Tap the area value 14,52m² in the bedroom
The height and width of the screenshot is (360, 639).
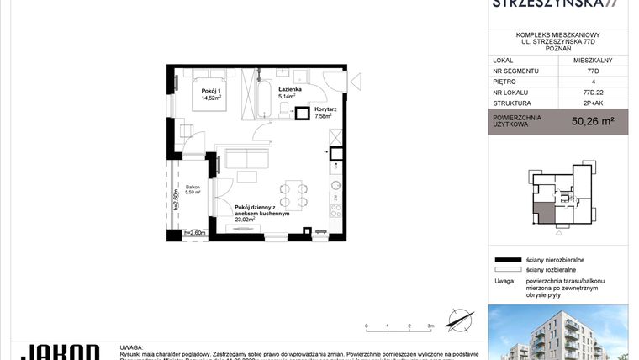[209, 98]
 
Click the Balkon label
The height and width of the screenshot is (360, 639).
[193, 187]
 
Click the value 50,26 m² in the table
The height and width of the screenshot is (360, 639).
[593, 122]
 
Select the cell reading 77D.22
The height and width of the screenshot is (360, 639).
[594, 95]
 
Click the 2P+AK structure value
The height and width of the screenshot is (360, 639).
[594, 106]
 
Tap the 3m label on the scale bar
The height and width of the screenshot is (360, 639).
[430, 325]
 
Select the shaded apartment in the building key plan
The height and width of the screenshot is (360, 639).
[546, 214]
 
